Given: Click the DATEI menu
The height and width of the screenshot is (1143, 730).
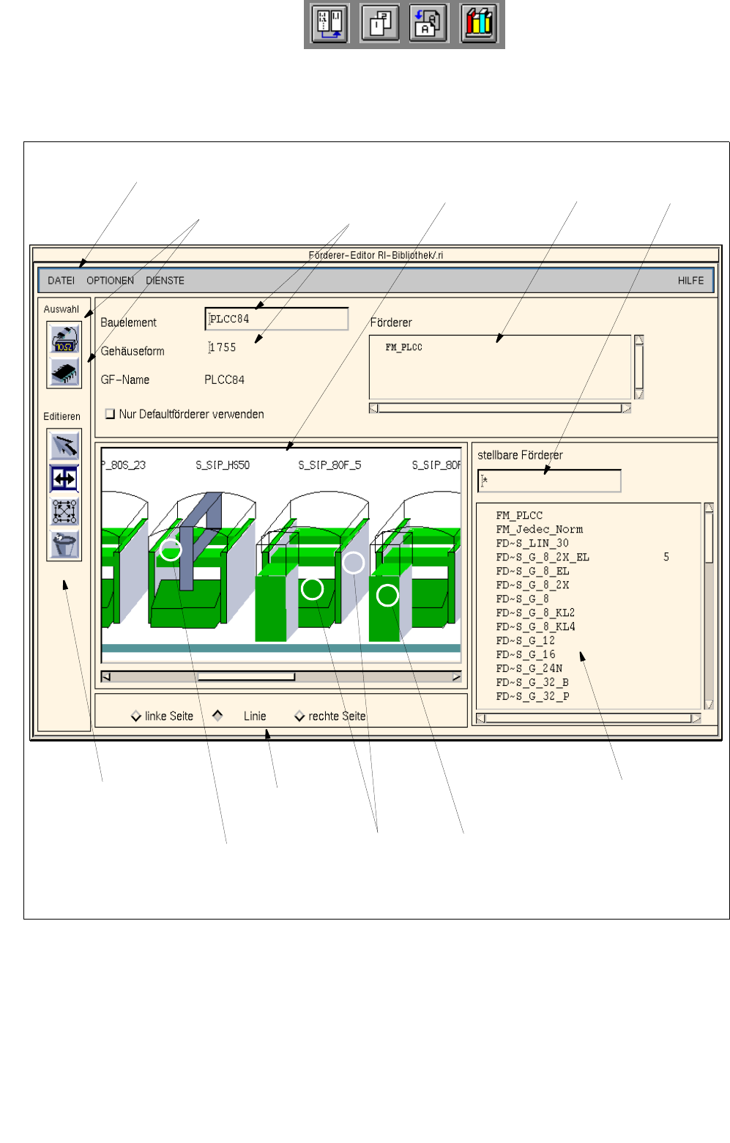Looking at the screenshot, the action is point(61,280).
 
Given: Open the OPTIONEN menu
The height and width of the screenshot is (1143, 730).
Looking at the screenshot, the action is point(110,280).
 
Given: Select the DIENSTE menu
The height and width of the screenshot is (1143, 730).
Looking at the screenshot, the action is point(165,280).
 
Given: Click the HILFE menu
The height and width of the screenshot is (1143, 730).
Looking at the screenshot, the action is point(690,280).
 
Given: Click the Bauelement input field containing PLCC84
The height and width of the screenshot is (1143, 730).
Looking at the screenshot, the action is point(276,319).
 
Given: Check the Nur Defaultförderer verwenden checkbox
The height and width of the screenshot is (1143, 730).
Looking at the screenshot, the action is point(110,413).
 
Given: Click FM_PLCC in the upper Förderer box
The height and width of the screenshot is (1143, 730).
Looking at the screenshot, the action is point(403,347).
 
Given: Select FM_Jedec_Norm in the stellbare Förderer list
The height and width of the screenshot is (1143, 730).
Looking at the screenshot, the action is point(539,529).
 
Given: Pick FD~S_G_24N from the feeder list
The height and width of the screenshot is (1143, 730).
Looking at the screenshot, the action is point(529,668).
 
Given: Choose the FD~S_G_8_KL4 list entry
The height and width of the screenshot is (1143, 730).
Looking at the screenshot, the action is point(535,626).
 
